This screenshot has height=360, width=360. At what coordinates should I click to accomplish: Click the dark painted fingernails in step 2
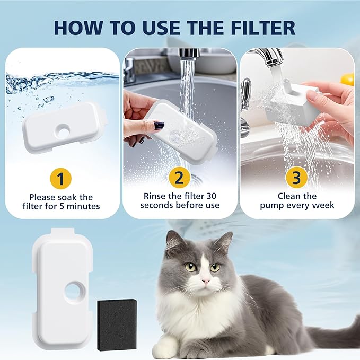pyautogui.click(x=159, y=125)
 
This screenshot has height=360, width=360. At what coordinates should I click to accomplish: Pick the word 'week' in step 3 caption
pyautogui.click(x=322, y=205)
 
